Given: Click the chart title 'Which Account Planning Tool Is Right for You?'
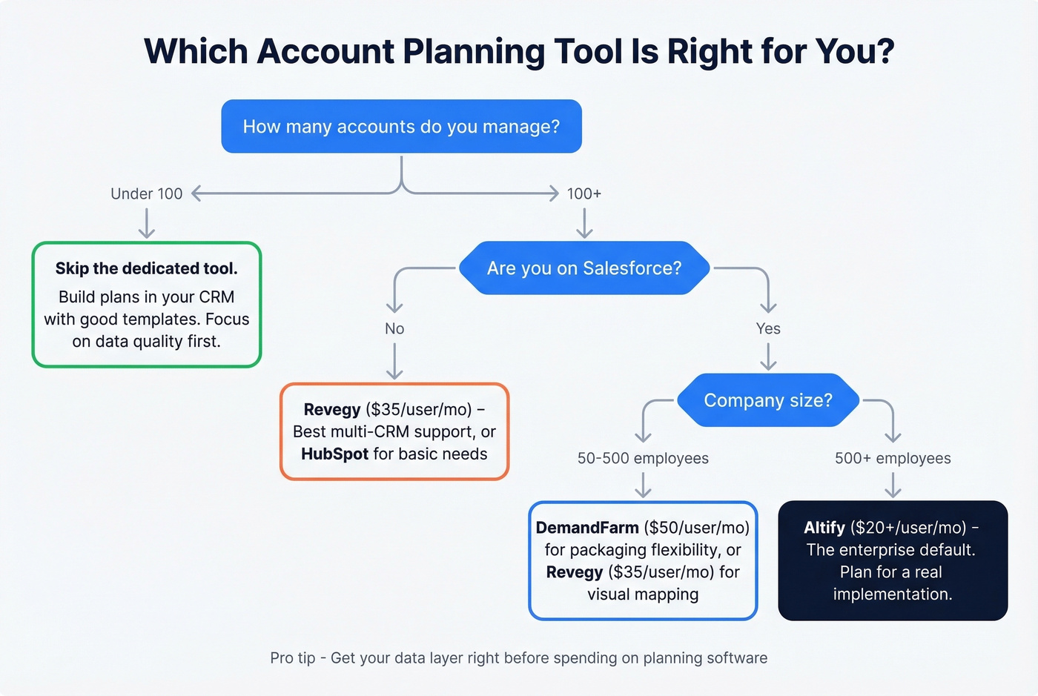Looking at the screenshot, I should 519,52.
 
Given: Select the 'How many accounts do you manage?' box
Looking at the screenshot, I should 401,127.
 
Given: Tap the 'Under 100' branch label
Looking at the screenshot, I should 146,194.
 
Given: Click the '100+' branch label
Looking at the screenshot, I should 584,194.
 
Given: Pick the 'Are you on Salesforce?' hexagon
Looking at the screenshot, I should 584,268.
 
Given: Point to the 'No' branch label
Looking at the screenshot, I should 394,328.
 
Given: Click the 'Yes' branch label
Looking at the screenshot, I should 768,328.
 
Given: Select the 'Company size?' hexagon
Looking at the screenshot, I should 768,400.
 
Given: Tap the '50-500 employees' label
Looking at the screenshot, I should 643,458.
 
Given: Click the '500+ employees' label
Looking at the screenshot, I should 893,458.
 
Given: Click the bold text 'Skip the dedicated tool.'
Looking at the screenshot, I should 147,268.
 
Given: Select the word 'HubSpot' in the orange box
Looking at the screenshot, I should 334,454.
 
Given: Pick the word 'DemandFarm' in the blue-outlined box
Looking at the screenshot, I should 587,528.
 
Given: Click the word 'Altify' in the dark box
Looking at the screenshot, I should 824,528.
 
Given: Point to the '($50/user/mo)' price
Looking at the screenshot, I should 697,528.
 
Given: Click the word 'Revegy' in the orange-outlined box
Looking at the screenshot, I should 332,410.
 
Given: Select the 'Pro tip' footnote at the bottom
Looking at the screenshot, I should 519,658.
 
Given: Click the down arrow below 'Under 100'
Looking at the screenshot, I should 147,223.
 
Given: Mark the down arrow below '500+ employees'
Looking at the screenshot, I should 893,485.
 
